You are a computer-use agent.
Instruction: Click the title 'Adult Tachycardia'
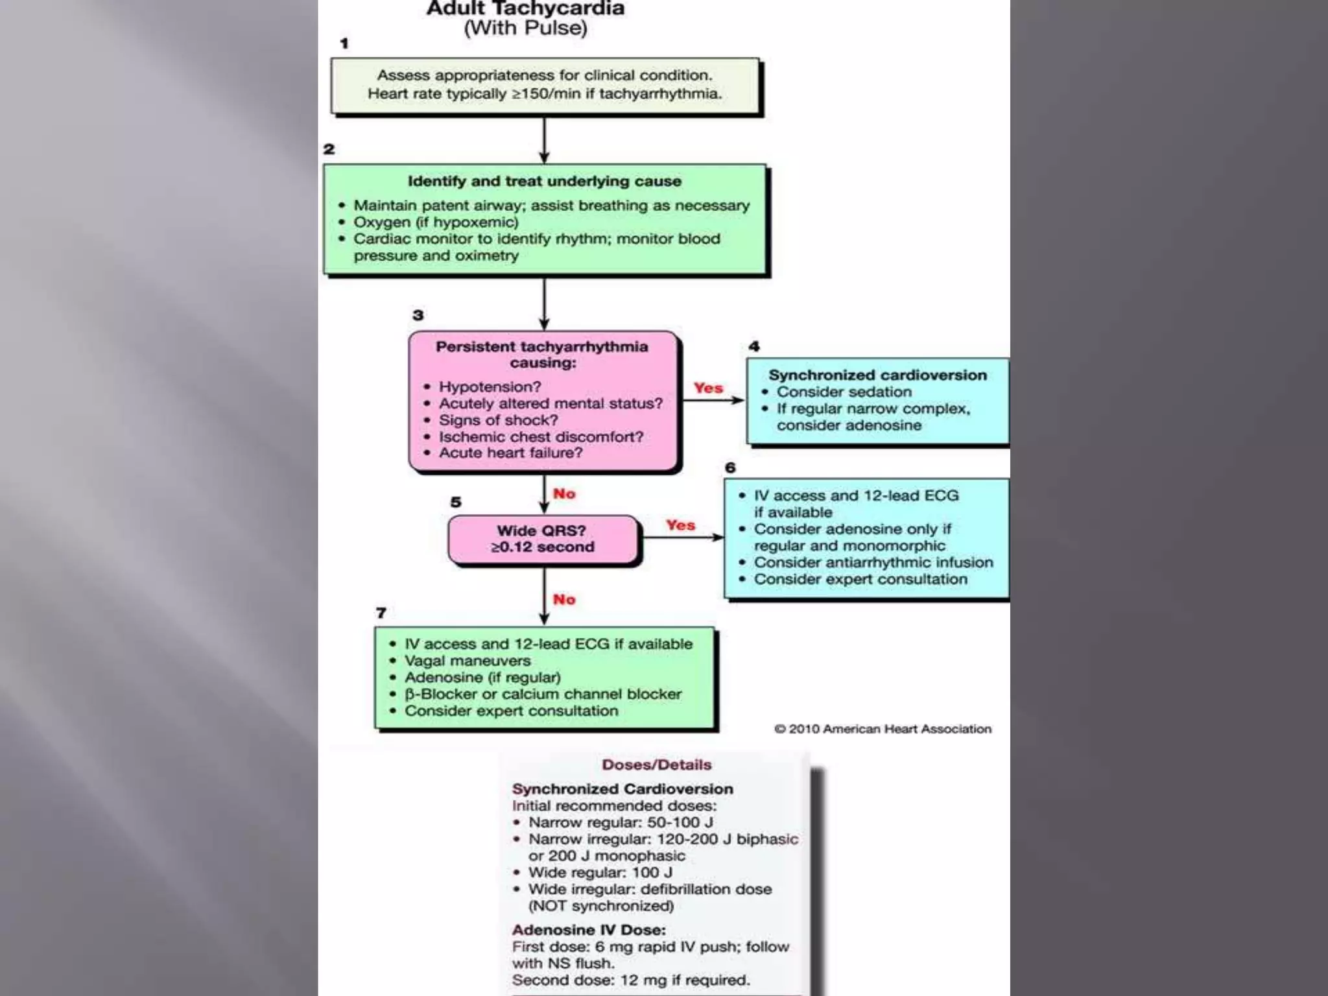[525, 8]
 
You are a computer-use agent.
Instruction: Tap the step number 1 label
[344, 43]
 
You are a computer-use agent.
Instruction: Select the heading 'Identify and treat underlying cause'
[544, 181]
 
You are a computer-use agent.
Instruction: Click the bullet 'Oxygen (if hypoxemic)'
[436, 222]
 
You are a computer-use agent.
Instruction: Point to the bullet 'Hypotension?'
[490, 387]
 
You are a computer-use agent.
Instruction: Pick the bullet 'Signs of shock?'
[498, 420]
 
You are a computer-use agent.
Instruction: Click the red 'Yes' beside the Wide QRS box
[680, 525]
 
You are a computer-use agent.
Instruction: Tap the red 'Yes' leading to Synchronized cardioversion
[708, 388]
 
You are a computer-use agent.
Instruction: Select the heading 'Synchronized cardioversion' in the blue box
[877, 375]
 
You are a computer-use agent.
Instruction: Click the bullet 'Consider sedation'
[844, 392]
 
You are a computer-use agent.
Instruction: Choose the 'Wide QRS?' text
[541, 530]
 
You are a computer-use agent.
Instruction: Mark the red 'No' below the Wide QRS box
[563, 600]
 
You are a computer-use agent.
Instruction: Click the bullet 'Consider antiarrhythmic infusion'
[873, 562]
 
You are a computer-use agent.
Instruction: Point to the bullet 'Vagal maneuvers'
[468, 661]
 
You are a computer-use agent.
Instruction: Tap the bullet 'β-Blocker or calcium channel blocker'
[543, 694]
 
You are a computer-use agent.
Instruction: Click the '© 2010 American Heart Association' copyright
[883, 729]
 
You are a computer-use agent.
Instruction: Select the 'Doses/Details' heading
[656, 765]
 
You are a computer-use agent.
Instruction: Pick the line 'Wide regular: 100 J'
[600, 872]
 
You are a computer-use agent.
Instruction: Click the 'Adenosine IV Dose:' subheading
[589, 929]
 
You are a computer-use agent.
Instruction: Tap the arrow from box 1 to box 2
[544, 139]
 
